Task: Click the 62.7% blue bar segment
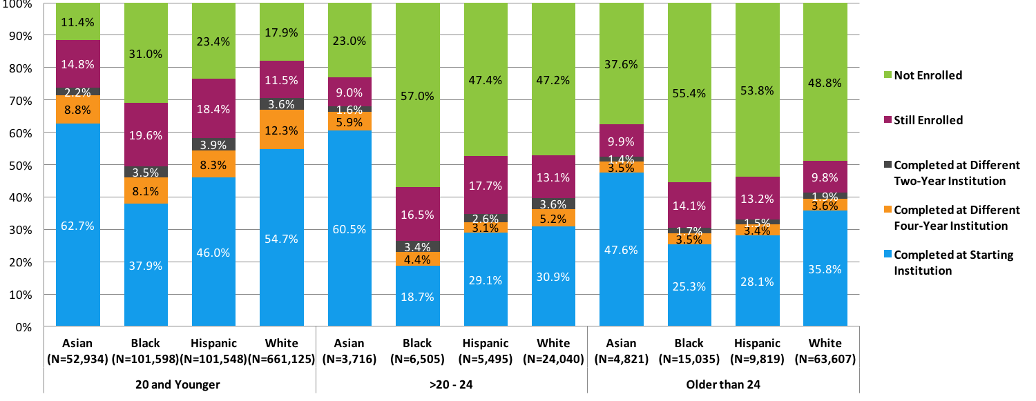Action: point(78,224)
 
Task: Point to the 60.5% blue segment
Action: point(350,228)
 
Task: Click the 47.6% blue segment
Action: point(622,249)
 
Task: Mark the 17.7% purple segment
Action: point(486,184)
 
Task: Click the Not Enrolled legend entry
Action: point(928,75)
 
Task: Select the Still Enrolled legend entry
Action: point(928,120)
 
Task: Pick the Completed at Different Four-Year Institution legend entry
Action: point(957,217)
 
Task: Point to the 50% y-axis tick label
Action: point(21,166)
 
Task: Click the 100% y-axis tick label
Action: point(18,4)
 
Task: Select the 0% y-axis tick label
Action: point(23,327)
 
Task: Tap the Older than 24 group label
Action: point(723,384)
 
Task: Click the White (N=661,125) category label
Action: point(282,350)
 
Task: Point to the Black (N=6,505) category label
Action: point(418,350)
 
